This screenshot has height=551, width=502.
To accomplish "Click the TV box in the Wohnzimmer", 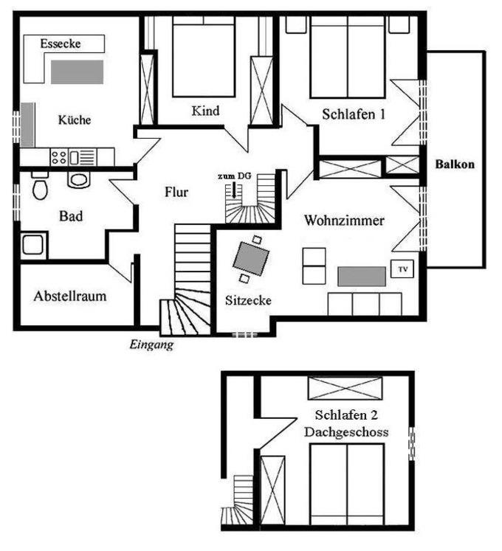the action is [402, 269].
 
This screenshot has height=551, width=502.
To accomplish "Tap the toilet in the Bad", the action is [40, 186].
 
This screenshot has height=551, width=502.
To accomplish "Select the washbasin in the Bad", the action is [78, 180].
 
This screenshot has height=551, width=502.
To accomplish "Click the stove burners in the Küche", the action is [59, 157].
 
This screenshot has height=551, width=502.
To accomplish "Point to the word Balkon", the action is [455, 164].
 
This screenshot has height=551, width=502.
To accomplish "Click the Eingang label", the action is [151, 344].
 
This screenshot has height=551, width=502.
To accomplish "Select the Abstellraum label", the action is [70, 296].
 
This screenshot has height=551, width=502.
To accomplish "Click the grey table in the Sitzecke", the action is [251, 259].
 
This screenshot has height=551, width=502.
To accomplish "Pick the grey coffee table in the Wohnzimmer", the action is [362, 276].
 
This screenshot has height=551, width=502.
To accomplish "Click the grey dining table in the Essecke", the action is [77, 72].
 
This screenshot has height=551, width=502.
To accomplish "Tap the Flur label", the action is [176, 192].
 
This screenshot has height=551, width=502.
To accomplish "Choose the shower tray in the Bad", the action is [34, 245].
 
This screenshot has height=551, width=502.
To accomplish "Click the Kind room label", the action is [205, 111].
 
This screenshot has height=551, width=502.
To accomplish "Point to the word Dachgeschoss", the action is [346, 432].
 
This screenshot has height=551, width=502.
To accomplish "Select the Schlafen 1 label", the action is [354, 114].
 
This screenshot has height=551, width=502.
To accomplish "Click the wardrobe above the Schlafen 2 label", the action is [345, 388].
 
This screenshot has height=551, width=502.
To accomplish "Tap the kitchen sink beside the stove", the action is [83, 157].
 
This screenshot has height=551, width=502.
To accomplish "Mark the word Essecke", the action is [61, 44].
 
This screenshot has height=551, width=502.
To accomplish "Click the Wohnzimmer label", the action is [344, 221].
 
